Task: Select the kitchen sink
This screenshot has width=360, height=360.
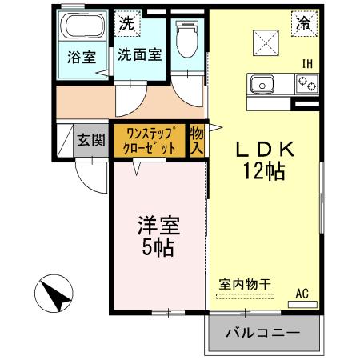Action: click(x=262, y=82)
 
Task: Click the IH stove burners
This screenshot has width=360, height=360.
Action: click(x=306, y=82)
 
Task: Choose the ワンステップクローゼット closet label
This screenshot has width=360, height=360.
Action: click(x=147, y=140)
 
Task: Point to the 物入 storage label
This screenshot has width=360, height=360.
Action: click(x=197, y=141)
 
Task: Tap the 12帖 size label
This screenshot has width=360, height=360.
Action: click(x=266, y=170)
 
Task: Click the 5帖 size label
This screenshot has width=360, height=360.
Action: click(x=158, y=247)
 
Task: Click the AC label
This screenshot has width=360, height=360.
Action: click(x=302, y=294)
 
